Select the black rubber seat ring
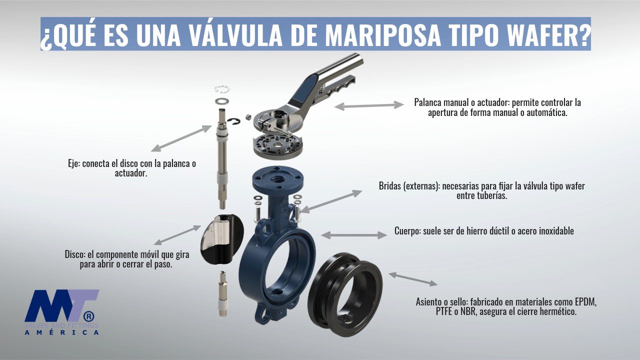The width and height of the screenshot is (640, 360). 345,289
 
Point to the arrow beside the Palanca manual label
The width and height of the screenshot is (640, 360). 369,105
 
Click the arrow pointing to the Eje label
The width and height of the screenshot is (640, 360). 181,138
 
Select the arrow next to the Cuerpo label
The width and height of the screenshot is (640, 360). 354,234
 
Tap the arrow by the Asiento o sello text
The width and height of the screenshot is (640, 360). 413,279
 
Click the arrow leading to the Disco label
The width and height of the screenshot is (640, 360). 177,235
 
